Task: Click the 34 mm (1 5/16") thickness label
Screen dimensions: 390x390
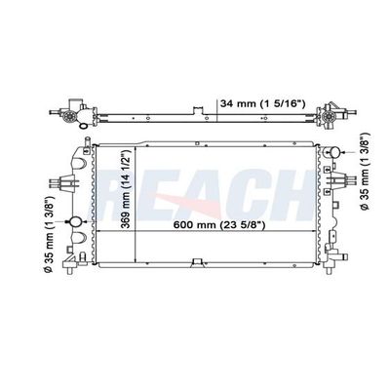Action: coord(262,103)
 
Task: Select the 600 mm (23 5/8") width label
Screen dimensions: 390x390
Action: coord(219,224)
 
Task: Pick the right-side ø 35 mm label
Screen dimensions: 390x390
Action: coord(365,171)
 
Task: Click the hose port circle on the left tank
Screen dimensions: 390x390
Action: coord(76,221)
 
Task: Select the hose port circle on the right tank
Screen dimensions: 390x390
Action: coord(333,152)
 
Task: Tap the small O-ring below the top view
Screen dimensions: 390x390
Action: coord(83,126)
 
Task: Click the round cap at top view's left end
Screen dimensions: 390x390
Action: coord(69,116)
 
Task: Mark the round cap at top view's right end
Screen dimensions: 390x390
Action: coord(329,116)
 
